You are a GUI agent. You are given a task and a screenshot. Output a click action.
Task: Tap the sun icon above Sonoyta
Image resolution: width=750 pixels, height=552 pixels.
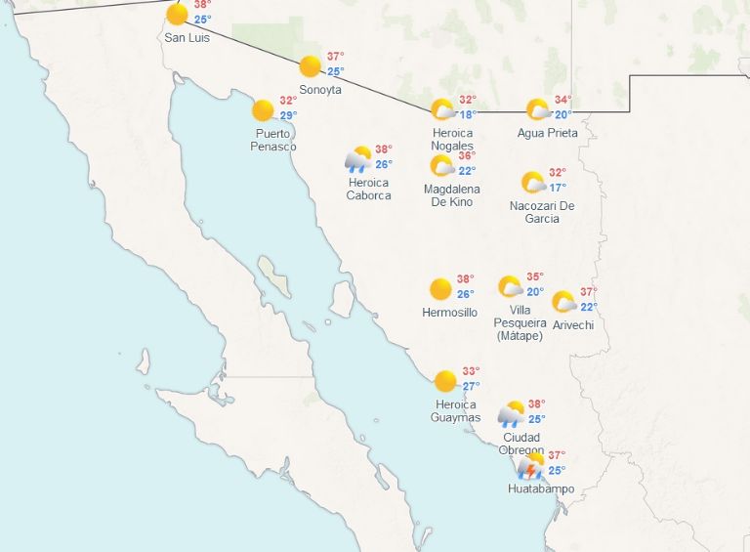pyautogui.click(x=310, y=66)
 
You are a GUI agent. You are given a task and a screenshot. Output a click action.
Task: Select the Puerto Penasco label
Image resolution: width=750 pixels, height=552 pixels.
pyautogui.click(x=274, y=140)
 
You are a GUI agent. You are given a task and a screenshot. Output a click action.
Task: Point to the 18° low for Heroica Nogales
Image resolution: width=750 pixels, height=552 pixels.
pyautogui.click(x=468, y=114)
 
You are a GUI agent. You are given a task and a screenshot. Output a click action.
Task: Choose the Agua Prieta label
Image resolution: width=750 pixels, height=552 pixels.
pyautogui.click(x=547, y=133)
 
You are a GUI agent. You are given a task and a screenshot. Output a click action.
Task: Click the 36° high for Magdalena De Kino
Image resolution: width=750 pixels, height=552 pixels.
pyautogui.click(x=467, y=155)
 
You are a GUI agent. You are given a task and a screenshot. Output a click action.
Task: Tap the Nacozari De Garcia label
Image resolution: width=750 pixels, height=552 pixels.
pyautogui.click(x=542, y=212)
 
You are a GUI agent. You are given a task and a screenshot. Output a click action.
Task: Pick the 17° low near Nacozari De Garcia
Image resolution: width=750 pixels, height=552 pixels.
pyautogui.click(x=558, y=188)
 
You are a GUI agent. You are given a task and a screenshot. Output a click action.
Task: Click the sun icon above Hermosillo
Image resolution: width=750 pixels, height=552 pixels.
pyautogui.click(x=440, y=289)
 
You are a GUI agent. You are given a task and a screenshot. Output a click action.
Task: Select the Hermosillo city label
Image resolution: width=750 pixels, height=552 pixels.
pyautogui.click(x=449, y=313)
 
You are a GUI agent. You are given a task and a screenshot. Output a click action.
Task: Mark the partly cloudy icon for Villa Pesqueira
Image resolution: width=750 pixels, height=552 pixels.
pyautogui.click(x=510, y=286)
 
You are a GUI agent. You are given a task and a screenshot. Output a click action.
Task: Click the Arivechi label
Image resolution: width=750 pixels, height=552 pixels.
pyautogui.click(x=572, y=325)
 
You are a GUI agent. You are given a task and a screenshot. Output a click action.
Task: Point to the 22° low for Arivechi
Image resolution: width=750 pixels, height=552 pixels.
pyautogui.click(x=589, y=307)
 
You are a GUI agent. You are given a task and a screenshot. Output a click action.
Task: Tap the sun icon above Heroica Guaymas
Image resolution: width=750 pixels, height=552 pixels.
pyautogui.click(x=445, y=381)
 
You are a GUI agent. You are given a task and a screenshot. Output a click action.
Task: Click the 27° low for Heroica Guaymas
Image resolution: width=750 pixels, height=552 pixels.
pyautogui.click(x=472, y=386)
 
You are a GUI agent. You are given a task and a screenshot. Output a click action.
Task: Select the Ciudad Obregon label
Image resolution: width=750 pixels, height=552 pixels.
pyautogui.click(x=521, y=444)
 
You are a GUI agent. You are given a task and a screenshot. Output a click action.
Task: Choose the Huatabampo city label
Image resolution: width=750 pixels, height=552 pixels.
pyautogui.click(x=536, y=488)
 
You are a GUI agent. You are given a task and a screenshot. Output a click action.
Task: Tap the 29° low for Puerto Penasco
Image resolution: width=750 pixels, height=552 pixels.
pyautogui.click(x=289, y=115)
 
